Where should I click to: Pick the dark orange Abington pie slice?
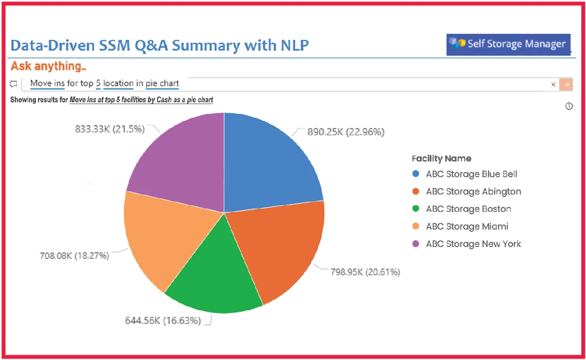(277, 248)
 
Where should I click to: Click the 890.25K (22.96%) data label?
(346, 132)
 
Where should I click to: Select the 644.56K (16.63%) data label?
(163, 321)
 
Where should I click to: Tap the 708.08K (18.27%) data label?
(74, 255)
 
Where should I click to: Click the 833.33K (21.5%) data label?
(110, 129)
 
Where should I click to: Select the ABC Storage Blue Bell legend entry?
(471, 174)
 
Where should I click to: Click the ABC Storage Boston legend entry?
(468, 209)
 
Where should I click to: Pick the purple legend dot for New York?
(415, 244)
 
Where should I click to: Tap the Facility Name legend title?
(441, 158)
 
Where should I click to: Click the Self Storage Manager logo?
(508, 44)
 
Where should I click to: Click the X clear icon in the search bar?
(553, 84)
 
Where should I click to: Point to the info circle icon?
(569, 106)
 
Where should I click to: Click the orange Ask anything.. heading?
(48, 66)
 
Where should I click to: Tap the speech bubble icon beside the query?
(14, 84)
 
